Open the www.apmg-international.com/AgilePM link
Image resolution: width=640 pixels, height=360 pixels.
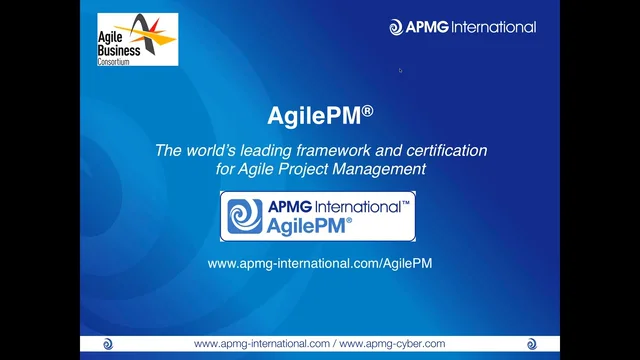[320, 263]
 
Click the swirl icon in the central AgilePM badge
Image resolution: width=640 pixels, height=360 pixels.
[241, 217]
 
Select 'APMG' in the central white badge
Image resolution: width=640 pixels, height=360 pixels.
[288, 207]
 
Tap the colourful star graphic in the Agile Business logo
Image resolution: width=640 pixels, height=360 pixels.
[155, 34]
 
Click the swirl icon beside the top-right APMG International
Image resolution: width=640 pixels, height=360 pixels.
[396, 27]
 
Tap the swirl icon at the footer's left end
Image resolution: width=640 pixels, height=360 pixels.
[108, 344]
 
